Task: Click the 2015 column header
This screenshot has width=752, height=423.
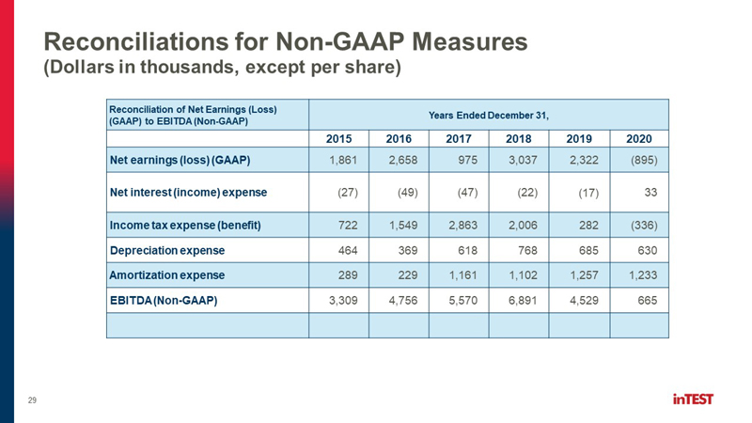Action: click(x=338, y=138)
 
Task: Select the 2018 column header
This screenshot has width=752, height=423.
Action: click(x=519, y=138)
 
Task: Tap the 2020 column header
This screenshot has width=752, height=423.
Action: click(x=639, y=138)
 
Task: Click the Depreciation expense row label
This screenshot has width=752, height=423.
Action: click(x=167, y=250)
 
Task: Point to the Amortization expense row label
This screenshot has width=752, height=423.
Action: click(x=167, y=275)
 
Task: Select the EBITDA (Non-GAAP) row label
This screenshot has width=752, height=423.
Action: click(x=164, y=301)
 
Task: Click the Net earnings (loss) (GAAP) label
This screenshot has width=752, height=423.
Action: click(x=180, y=160)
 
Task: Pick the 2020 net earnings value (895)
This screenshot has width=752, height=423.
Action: click(x=644, y=160)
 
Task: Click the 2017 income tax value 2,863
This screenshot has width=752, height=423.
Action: click(x=462, y=226)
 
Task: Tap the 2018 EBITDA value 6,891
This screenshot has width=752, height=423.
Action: click(x=523, y=301)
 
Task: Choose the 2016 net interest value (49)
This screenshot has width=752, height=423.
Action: click(x=408, y=193)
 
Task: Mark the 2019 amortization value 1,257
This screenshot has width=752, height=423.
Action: click(x=584, y=275)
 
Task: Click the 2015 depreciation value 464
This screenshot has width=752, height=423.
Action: click(x=348, y=250)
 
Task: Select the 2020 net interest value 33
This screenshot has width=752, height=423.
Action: click(x=650, y=193)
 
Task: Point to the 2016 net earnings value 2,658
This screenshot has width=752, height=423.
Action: click(x=403, y=160)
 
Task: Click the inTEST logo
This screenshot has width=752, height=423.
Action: click(x=693, y=399)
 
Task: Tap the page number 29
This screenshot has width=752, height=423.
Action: click(x=32, y=400)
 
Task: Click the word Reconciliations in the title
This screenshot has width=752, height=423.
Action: click(x=135, y=41)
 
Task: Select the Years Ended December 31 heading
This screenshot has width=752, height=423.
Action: click(x=488, y=115)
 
